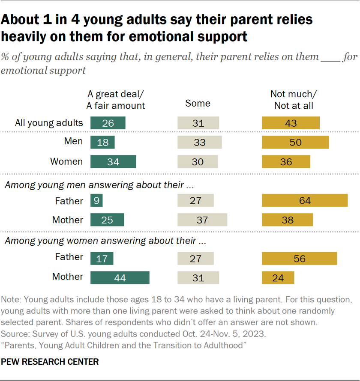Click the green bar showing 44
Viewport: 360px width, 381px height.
pyautogui.click(x=120, y=277)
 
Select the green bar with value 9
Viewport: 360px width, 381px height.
pyautogui.click(x=96, y=200)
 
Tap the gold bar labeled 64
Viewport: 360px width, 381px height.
pyautogui.click(x=305, y=200)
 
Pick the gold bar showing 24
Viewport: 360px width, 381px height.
pyautogui.click(x=278, y=277)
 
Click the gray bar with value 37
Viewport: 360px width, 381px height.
pyautogui.click(x=202, y=220)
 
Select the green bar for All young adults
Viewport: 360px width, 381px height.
pyautogui.click(x=108, y=123)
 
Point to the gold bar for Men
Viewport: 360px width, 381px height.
pyautogui.click(x=295, y=142)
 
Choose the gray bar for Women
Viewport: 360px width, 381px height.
pyautogui.click(x=198, y=161)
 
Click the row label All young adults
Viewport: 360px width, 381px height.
pyautogui.click(x=48, y=123)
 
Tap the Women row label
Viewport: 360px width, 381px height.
pyautogui.click(x=66, y=161)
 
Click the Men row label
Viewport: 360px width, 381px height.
pyautogui.click(x=74, y=141)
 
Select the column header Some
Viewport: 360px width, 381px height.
pyautogui.click(x=198, y=103)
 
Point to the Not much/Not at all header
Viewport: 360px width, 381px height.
pyautogui.click(x=291, y=99)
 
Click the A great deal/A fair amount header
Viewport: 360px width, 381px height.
pyautogui.click(x=115, y=99)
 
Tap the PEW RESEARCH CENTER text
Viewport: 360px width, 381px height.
pyautogui.click(x=50, y=362)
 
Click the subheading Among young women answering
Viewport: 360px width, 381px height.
pyautogui.click(x=105, y=241)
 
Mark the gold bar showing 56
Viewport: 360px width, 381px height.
pyautogui.click(x=300, y=258)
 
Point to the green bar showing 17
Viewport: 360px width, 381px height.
pyautogui.click(x=102, y=258)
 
